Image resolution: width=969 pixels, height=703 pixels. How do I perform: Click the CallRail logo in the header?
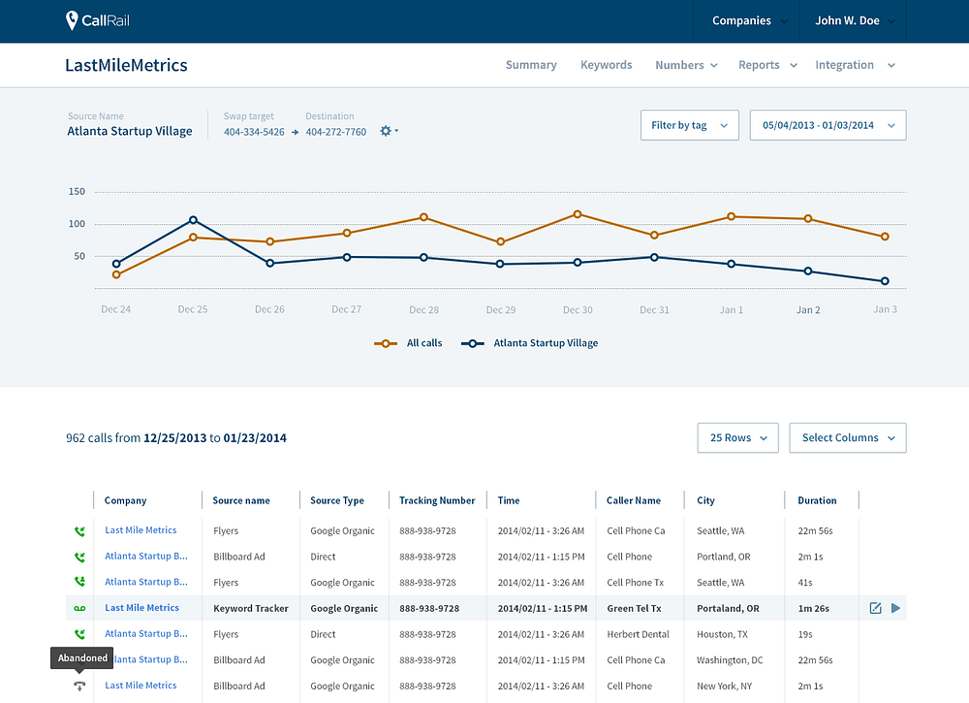point(98,20)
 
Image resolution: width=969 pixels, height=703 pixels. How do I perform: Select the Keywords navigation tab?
point(606,65)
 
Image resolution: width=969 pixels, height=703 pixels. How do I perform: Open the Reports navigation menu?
point(767,65)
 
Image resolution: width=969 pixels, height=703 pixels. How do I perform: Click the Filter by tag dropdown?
point(690,125)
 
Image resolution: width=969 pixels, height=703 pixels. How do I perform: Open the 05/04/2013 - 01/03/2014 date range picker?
point(828,125)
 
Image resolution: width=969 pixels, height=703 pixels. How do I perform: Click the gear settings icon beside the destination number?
point(387,131)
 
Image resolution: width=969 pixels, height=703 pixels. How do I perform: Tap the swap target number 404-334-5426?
point(254,132)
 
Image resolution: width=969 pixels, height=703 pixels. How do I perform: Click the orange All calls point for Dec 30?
point(578,214)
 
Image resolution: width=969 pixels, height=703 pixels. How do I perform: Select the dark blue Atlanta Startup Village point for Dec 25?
point(193,219)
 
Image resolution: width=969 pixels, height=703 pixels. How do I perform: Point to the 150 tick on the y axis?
point(77,192)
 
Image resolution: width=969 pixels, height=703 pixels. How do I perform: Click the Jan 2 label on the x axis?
point(808,309)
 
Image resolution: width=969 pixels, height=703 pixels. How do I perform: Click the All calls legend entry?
point(409,343)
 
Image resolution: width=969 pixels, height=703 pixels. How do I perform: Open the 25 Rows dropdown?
point(737,437)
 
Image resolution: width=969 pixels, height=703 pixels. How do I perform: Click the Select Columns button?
point(848,437)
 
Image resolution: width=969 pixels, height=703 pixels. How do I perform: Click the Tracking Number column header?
point(437,500)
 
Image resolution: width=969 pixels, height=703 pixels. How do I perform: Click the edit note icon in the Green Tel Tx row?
point(875,608)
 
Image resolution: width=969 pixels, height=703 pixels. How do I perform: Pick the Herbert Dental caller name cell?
point(638,634)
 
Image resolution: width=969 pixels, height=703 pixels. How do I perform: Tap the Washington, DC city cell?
point(730,660)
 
